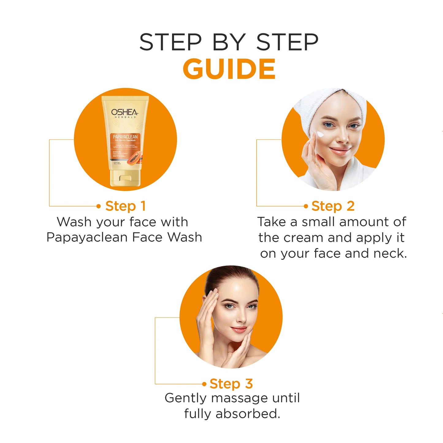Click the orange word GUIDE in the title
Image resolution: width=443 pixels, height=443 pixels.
(x=229, y=69)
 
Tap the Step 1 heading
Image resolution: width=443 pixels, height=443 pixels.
(x=125, y=206)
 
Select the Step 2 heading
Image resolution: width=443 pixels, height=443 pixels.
(x=333, y=206)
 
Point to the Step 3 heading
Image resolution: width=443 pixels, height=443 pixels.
(x=231, y=384)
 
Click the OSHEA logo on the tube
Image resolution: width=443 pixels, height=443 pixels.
(x=124, y=113)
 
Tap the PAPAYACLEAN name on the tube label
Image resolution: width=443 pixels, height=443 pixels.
(x=125, y=137)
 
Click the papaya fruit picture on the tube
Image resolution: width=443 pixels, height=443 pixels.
(x=135, y=158)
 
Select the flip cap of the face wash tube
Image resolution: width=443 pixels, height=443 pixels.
(x=125, y=178)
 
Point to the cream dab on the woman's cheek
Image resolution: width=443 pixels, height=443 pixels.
(x=320, y=135)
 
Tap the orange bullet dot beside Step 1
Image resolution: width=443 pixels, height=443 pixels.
(x=98, y=206)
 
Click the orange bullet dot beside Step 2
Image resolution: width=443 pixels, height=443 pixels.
(x=306, y=206)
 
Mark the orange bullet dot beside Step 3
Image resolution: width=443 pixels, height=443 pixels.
(x=204, y=384)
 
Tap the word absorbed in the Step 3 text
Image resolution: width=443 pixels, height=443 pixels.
(x=248, y=414)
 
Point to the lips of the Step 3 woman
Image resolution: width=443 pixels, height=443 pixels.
(x=238, y=330)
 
